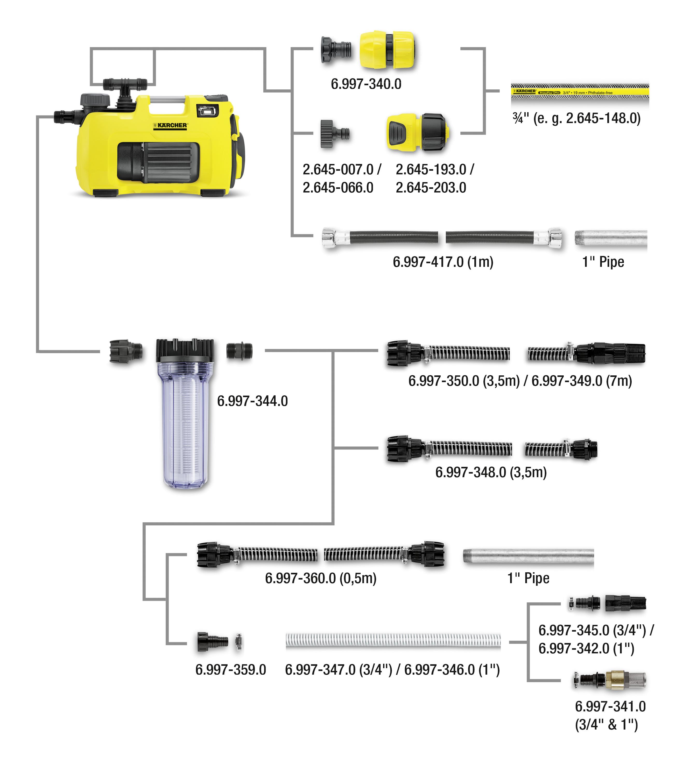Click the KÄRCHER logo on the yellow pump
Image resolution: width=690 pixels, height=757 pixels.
click(x=170, y=125)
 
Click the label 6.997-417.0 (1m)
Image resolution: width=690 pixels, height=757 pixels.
click(x=443, y=262)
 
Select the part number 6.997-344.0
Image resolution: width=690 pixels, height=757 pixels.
click(x=252, y=401)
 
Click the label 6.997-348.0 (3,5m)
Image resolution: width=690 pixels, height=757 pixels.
click(x=491, y=472)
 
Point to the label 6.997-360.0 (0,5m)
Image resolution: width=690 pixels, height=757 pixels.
click(x=320, y=578)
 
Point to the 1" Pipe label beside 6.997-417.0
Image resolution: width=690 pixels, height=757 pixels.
click(x=603, y=262)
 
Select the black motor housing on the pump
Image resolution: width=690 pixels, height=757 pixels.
click(x=158, y=162)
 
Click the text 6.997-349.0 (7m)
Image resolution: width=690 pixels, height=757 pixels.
click(x=581, y=381)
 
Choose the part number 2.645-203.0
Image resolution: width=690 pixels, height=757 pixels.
click(x=431, y=188)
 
